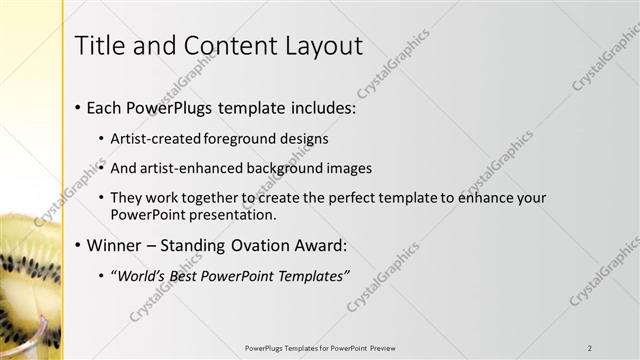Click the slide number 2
tap(590, 348)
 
